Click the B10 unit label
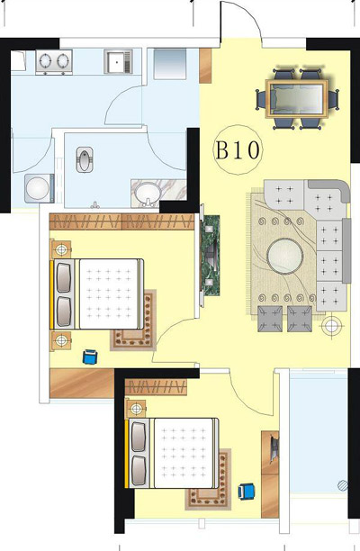238,150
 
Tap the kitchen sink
118,62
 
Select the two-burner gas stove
54,62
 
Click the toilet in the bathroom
85,159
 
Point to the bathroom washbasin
148,193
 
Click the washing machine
39,188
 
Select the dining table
297,98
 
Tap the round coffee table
284,256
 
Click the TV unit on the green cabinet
210,255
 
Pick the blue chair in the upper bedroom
90,357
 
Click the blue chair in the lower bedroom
247,491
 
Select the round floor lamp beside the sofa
331,326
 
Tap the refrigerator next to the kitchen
169,64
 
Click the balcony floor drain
343,485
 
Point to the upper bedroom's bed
97,294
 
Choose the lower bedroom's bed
172,453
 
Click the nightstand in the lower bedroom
136,409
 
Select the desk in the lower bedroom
270,474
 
